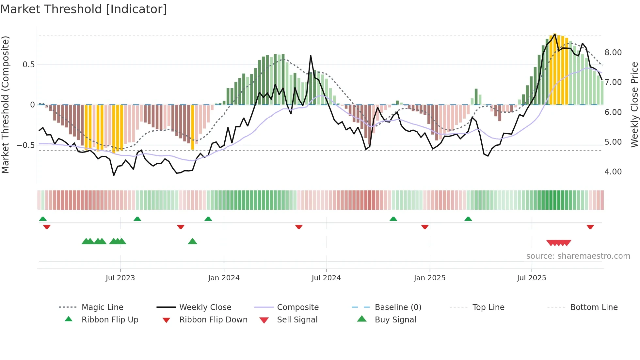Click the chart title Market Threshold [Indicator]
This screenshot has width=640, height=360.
[x=84, y=9]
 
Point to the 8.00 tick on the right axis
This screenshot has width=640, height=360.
[x=613, y=53]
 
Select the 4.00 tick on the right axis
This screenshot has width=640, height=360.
[x=613, y=172]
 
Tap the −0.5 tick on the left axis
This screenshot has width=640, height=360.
[x=25, y=145]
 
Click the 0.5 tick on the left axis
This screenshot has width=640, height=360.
[x=28, y=65]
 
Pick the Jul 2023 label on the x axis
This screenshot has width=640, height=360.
[x=120, y=278]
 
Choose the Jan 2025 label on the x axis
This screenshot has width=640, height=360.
[x=429, y=278]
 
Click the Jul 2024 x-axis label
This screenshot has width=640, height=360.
[x=326, y=278]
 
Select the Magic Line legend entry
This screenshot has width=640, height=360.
[x=102, y=307]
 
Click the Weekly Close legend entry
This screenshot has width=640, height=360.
[x=205, y=307]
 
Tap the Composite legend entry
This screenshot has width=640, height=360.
[x=297, y=307]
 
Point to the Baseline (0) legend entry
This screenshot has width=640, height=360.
[x=398, y=307]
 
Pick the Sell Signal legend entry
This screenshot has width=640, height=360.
[x=297, y=320]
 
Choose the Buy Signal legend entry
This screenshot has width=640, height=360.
[x=395, y=320]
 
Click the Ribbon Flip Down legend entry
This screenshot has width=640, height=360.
[x=213, y=320]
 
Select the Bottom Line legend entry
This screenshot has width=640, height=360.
[x=594, y=307]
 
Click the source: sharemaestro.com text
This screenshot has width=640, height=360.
[x=578, y=256]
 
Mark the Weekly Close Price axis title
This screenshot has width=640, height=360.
[x=634, y=105]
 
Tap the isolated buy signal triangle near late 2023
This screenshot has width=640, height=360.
[x=192, y=241]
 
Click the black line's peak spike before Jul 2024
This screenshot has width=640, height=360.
[x=311, y=56]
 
